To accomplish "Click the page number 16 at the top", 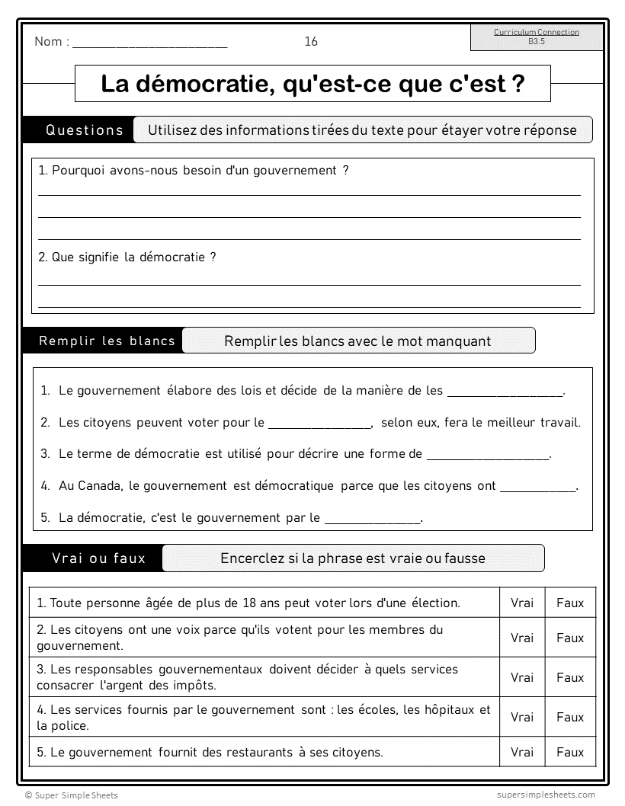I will click(311, 42).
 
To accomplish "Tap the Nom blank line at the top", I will click(149, 44).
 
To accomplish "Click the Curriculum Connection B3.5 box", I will click(537, 37).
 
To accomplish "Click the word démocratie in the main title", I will click(197, 84).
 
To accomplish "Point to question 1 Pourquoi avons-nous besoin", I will click(194, 171).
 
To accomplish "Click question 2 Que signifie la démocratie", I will click(127, 257).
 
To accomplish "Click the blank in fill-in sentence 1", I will click(505, 392).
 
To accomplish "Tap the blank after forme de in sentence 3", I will click(488, 456).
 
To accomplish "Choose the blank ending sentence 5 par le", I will click(373, 520).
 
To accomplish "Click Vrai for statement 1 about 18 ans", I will click(522, 603).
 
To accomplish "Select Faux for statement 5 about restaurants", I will click(570, 753).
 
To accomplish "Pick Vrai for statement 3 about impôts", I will click(522, 677).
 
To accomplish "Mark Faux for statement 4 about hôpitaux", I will click(570, 717).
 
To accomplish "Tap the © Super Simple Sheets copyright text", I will click(72, 795).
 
